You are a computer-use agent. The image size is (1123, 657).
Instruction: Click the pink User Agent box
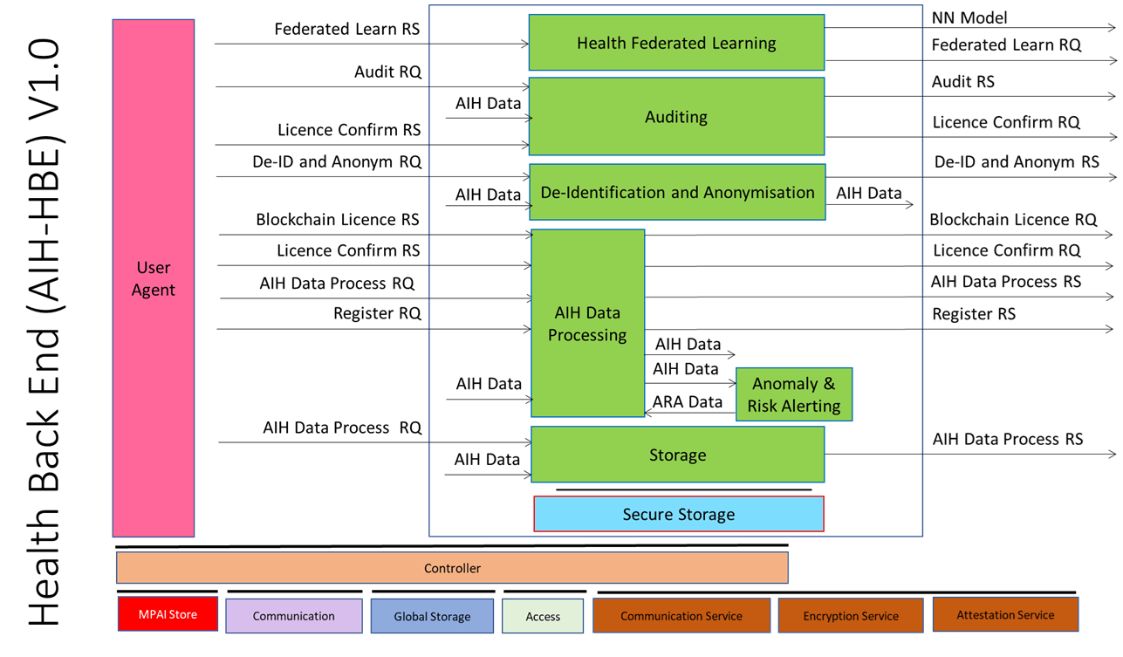click(x=153, y=278)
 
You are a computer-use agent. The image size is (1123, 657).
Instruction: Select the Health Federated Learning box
click(x=676, y=43)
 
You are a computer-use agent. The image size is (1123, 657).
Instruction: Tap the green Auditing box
click(x=676, y=117)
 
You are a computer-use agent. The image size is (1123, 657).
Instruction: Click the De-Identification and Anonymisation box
click(x=677, y=193)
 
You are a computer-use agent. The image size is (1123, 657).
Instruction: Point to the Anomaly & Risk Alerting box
click(x=793, y=394)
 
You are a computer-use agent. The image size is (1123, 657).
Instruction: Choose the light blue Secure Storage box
click(x=678, y=514)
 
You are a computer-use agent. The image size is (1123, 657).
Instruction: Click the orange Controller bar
click(x=452, y=568)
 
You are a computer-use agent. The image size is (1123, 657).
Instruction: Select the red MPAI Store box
click(x=168, y=614)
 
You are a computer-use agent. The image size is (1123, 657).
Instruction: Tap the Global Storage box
click(x=432, y=616)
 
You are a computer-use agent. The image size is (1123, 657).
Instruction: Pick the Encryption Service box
click(x=850, y=616)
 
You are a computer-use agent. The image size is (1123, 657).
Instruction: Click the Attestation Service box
click(x=1005, y=615)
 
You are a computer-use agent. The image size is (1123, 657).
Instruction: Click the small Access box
click(x=543, y=616)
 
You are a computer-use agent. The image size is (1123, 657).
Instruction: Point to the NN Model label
click(x=969, y=17)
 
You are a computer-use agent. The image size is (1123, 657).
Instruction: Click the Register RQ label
click(x=377, y=313)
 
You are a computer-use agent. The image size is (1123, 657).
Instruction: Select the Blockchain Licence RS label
click(x=338, y=220)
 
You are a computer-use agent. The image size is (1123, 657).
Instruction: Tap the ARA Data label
click(x=688, y=402)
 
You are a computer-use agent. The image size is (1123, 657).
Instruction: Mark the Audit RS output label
click(x=962, y=81)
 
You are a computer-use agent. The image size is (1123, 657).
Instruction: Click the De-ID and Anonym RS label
click(x=1017, y=161)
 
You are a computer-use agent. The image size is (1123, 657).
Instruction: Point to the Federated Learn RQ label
click(x=1006, y=44)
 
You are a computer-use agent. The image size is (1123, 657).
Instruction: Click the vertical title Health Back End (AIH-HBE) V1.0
click(x=44, y=332)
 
